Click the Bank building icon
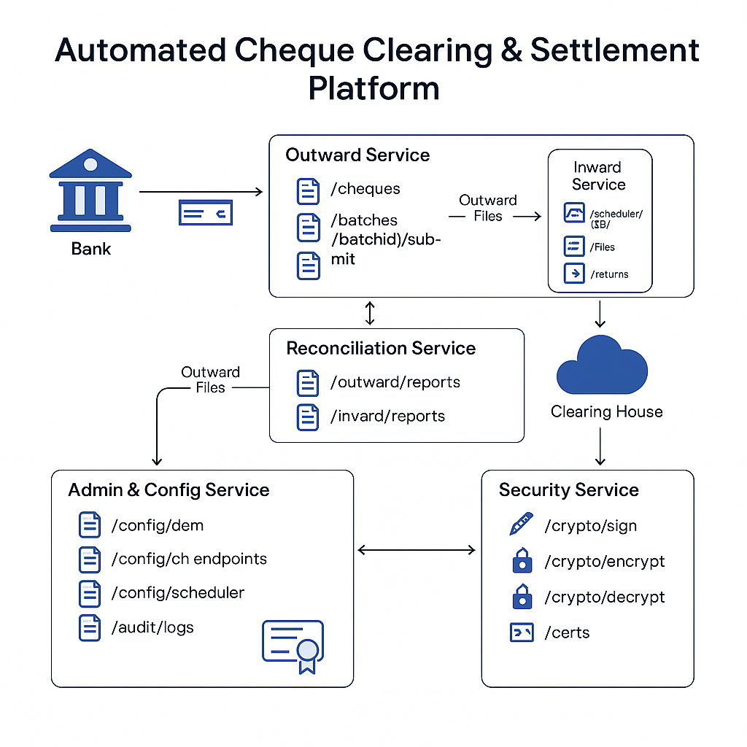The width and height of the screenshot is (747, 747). pyautogui.click(x=90, y=193)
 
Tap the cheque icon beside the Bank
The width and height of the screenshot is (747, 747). pyautogui.click(x=205, y=212)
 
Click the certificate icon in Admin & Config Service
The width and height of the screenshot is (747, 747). pyautogui.click(x=293, y=646)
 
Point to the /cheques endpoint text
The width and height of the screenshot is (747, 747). pyautogui.click(x=365, y=189)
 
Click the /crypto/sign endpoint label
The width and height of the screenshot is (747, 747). pyautogui.click(x=591, y=526)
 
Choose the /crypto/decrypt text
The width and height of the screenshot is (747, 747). pyautogui.click(x=605, y=597)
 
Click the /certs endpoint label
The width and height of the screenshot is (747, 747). pyautogui.click(x=567, y=632)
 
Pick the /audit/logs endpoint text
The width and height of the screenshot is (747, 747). pyautogui.click(x=152, y=627)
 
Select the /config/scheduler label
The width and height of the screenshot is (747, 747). pyautogui.click(x=177, y=592)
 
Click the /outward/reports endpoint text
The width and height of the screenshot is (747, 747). pyautogui.click(x=395, y=382)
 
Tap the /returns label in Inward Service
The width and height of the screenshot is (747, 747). pyautogui.click(x=609, y=274)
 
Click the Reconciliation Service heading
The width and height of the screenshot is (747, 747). pyautogui.click(x=380, y=348)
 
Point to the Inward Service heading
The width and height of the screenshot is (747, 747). pyautogui.click(x=598, y=176)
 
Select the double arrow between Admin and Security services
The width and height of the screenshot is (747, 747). pyautogui.click(x=417, y=550)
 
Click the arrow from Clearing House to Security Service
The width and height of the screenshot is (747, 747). pyautogui.click(x=600, y=446)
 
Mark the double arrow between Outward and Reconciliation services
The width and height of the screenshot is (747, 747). pyautogui.click(x=370, y=313)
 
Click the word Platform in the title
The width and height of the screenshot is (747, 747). pyautogui.click(x=373, y=88)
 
